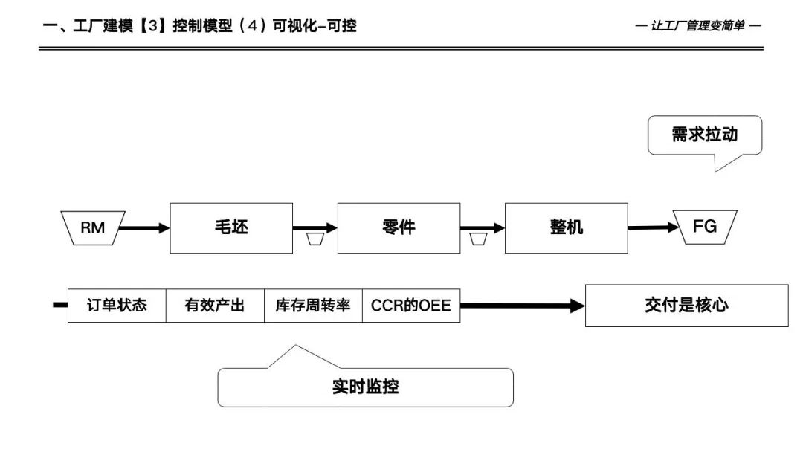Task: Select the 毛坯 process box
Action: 231,227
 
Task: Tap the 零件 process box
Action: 399,227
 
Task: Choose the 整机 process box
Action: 566,227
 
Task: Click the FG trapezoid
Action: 705,226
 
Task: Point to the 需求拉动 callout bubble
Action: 704,135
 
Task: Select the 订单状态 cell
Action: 117,305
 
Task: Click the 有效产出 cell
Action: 215,305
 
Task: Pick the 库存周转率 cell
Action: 313,305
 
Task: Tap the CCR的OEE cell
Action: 411,305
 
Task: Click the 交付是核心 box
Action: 686,305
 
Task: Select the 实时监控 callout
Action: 365,387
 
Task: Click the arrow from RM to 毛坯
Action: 144,227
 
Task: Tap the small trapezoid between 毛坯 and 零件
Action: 315,239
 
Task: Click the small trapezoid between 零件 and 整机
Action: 479,239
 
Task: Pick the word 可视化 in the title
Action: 299,26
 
